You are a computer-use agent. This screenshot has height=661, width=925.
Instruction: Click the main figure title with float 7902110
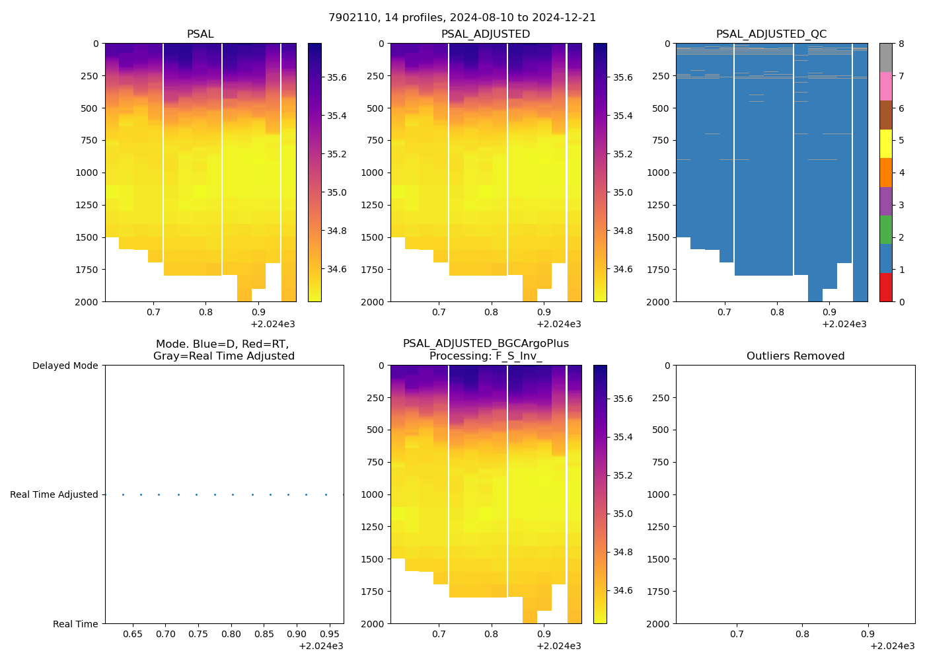pyautogui.click(x=462, y=18)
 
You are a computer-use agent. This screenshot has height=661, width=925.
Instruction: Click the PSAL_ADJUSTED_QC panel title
pyautogui.click(x=771, y=34)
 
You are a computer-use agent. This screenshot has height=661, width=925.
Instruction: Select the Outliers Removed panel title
pyautogui.click(x=795, y=356)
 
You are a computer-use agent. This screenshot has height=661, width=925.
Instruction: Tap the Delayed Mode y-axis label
pyautogui.click(x=65, y=366)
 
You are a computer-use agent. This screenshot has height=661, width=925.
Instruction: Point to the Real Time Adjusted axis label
pyautogui.click(x=54, y=494)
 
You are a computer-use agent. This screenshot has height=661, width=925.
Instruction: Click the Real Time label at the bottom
pyautogui.click(x=75, y=624)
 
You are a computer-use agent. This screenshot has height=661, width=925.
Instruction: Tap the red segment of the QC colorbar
pyautogui.click(x=885, y=288)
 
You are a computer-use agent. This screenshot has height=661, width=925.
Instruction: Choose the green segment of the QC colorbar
pyautogui.click(x=885, y=230)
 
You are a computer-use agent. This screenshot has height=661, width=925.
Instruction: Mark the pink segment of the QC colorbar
pyautogui.click(x=885, y=86)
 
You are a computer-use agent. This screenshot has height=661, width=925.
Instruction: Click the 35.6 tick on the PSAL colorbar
pyautogui.click(x=337, y=77)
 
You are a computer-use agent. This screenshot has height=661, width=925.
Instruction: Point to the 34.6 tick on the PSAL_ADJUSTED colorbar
pyautogui.click(x=622, y=269)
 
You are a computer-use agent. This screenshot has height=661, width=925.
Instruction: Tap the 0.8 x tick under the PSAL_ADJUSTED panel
pyautogui.click(x=491, y=312)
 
